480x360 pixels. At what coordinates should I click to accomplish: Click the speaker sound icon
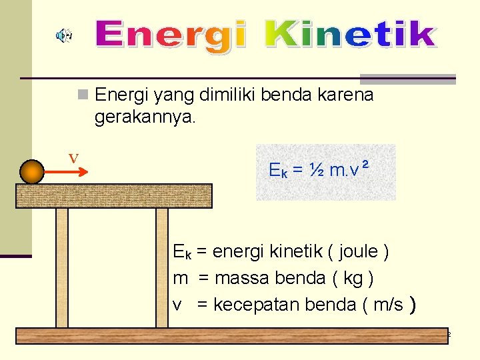[65, 35]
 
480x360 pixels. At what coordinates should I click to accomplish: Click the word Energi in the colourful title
[170, 35]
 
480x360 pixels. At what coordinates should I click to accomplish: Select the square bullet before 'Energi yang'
[82, 95]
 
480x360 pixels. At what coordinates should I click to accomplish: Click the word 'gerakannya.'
[145, 118]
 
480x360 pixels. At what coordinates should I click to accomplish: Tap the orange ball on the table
[31, 171]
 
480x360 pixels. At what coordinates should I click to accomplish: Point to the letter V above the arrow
[73, 159]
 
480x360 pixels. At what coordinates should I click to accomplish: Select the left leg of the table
[62, 267]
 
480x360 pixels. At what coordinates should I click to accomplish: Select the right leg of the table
[162, 267]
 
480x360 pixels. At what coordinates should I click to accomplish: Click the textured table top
[113, 195]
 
